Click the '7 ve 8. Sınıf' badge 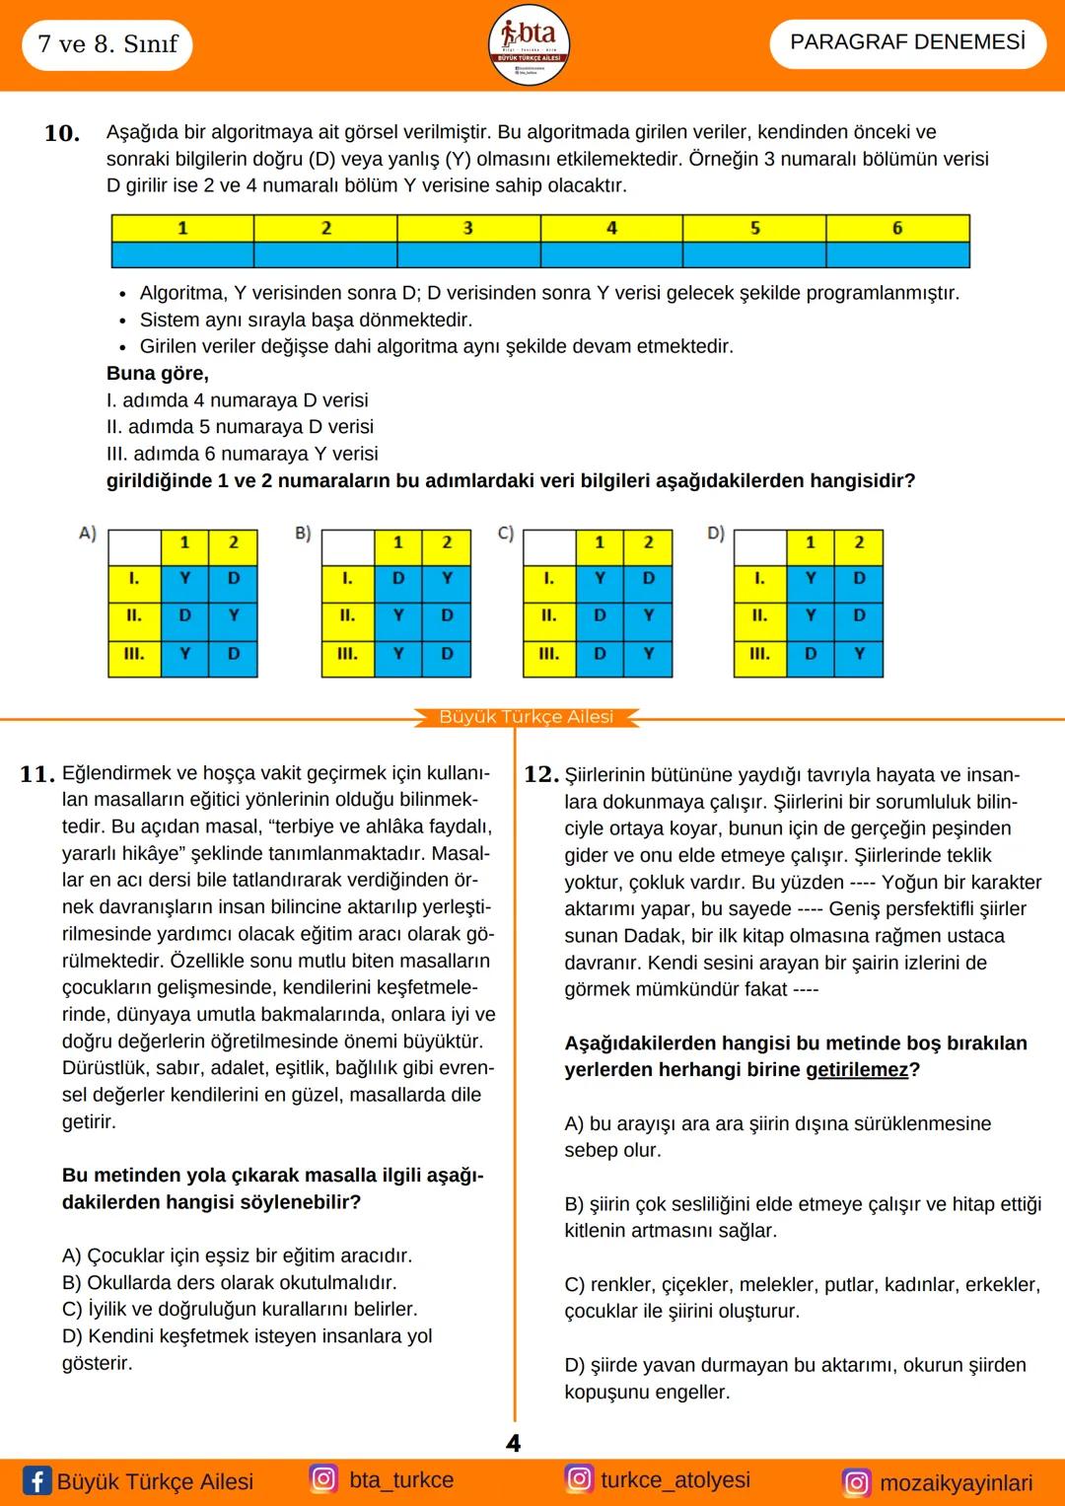106,44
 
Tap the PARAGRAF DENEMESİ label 907,42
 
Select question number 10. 62,133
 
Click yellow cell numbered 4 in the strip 611,228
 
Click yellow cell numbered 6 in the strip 897,228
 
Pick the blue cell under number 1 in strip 182,255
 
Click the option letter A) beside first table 88,534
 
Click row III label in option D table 759,653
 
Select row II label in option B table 347,615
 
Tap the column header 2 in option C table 648,542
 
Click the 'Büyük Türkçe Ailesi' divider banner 527,717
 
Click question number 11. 36,774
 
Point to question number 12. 541,774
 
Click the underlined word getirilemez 856,1070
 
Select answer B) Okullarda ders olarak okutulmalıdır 229,1282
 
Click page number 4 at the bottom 514,1444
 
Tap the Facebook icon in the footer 36,1480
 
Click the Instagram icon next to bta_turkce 323,1478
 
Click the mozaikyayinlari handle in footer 956,1482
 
